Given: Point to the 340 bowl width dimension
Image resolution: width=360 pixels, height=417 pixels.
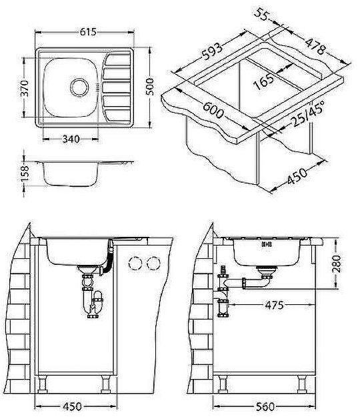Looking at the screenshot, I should (71, 139).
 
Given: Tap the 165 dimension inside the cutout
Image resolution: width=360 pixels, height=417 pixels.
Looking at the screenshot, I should (265, 83).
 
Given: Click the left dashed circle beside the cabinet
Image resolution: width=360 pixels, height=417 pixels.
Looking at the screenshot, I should (136, 263).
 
